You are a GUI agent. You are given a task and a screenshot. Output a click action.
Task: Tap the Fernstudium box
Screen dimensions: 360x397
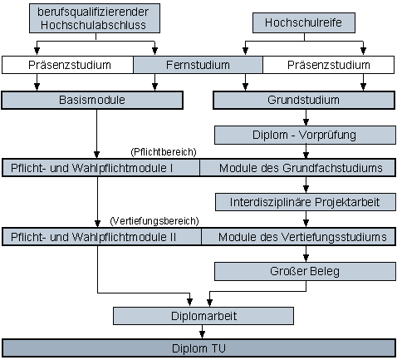point(198,64)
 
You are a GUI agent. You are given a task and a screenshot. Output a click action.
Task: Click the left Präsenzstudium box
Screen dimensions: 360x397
point(68,64)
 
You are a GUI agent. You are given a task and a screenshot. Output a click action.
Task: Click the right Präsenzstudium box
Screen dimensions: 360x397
point(328,64)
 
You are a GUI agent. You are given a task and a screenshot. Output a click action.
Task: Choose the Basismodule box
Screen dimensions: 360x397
point(92,100)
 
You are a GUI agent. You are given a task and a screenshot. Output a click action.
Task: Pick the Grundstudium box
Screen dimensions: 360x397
point(304,100)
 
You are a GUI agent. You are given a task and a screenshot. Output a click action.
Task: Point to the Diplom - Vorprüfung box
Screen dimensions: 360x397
point(304,133)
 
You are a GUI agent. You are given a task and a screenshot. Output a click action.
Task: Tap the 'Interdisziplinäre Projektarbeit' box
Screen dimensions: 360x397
point(304,202)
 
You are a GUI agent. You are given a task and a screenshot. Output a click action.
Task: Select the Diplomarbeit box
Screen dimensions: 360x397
point(203,315)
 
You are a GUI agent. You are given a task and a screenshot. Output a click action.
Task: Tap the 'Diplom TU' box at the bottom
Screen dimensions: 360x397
point(198,348)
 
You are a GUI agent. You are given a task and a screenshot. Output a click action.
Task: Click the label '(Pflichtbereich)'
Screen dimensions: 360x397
point(163,152)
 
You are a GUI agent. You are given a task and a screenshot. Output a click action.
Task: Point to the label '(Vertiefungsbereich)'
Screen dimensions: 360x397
point(154,221)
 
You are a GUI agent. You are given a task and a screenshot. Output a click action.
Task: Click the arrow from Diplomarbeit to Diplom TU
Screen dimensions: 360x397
point(203,332)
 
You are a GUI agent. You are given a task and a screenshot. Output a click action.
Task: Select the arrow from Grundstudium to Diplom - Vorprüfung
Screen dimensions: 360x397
point(304,116)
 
